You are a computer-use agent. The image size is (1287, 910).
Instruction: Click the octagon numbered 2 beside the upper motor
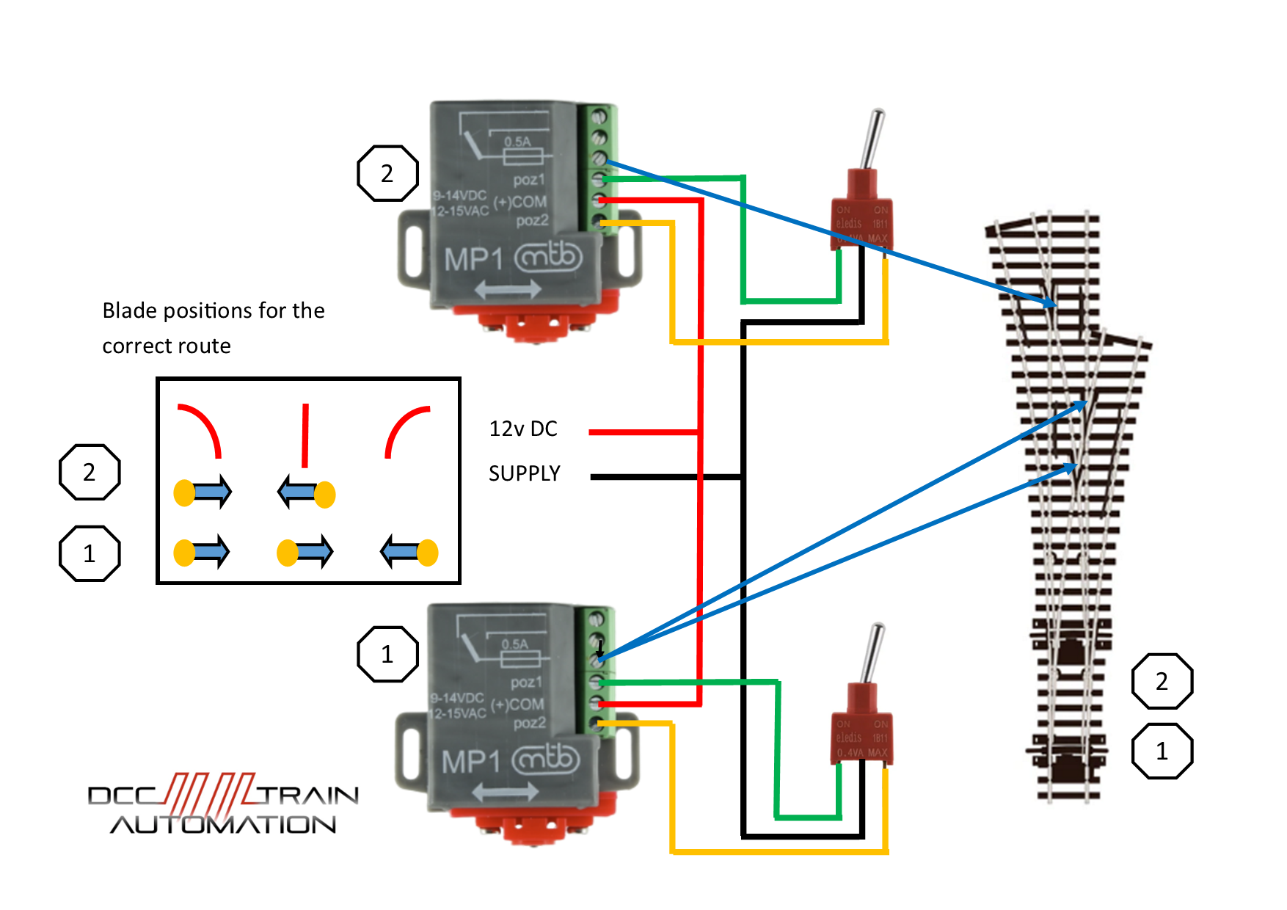pyautogui.click(x=387, y=173)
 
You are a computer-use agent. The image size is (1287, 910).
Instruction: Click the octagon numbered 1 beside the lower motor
pyautogui.click(x=387, y=654)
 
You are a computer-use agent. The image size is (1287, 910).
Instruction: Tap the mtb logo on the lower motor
pyautogui.click(x=546, y=759)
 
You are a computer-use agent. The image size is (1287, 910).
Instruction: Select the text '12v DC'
pyautogui.click(x=523, y=429)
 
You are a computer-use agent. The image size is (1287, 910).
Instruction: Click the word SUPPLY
pyautogui.click(x=524, y=473)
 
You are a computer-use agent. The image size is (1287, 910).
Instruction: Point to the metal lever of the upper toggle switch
pyautogui.click(x=872, y=139)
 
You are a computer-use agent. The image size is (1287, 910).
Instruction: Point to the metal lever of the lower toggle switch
pyautogui.click(x=872, y=653)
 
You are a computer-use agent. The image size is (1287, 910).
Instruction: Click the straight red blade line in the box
pyautogui.click(x=305, y=434)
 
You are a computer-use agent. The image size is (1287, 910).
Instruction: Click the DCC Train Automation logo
pyautogui.click(x=223, y=805)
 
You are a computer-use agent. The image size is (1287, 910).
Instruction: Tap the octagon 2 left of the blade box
pyautogui.click(x=90, y=472)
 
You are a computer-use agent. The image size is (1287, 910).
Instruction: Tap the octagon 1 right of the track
pyautogui.click(x=1162, y=751)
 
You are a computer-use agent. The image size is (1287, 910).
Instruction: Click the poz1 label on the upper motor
pyautogui.click(x=529, y=180)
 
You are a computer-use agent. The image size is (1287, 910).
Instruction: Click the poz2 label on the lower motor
pyautogui.click(x=530, y=723)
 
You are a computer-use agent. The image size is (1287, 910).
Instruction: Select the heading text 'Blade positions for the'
pyautogui.click(x=213, y=310)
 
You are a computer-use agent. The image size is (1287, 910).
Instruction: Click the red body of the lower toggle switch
pyautogui.click(x=861, y=734)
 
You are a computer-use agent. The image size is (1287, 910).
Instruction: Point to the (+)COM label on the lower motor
pyautogui.click(x=518, y=705)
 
